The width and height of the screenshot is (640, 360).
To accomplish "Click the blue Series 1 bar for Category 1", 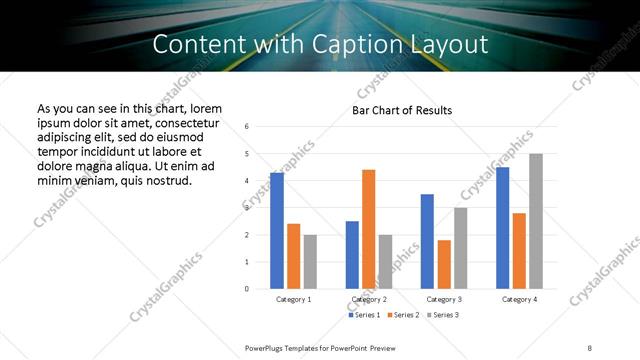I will click(x=277, y=231).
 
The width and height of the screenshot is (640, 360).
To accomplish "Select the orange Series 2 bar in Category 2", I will click(x=368, y=229).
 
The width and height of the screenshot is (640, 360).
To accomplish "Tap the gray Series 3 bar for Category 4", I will click(x=536, y=221).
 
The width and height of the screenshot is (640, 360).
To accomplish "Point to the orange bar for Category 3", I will click(x=444, y=264).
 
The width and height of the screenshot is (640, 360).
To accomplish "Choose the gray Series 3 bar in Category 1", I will click(x=310, y=261).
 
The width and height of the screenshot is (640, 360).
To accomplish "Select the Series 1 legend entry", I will click(x=364, y=315).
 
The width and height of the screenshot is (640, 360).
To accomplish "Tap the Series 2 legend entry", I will click(x=402, y=315).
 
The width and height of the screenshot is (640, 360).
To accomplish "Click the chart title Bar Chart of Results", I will click(x=402, y=110).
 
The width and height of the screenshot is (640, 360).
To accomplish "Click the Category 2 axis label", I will click(x=368, y=299).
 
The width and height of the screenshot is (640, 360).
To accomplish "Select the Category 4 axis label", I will click(x=519, y=299).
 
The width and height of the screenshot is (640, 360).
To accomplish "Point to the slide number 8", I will click(x=589, y=346).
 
